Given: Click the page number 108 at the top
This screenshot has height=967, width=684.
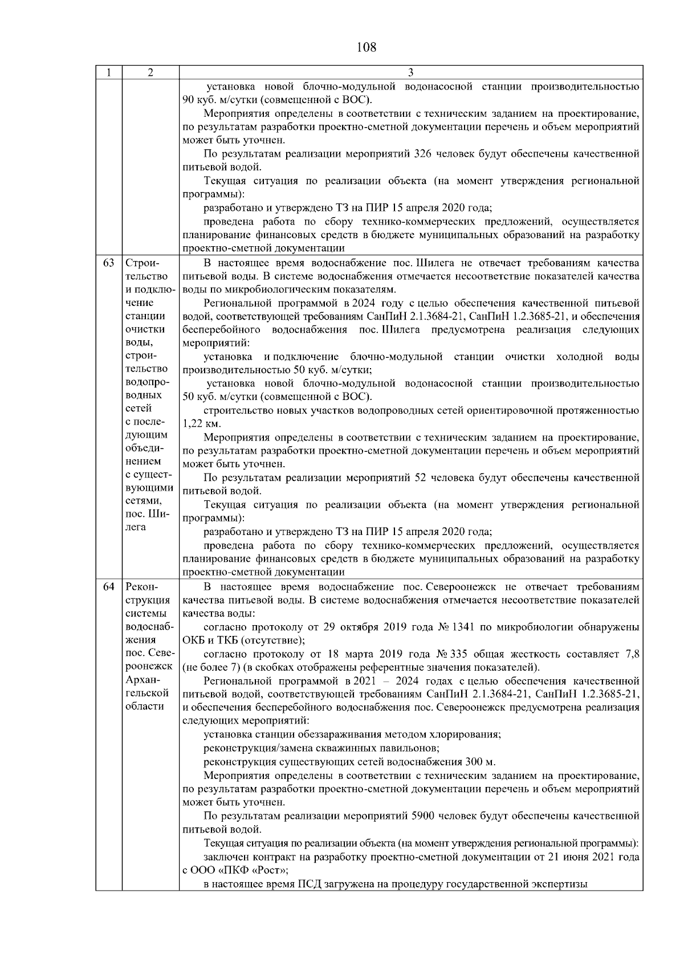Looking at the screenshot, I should pyautogui.click(x=366, y=47).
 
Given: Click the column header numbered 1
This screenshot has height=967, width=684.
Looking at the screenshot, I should pyautogui.click(x=108, y=72).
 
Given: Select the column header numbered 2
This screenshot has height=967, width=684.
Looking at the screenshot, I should pyautogui.click(x=150, y=72).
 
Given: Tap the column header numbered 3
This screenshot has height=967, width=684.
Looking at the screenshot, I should pyautogui.click(x=410, y=72).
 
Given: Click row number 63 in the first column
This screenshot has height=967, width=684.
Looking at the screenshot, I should pyautogui.click(x=108, y=263).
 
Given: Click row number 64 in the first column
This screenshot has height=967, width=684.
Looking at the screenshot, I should pyautogui.click(x=108, y=587).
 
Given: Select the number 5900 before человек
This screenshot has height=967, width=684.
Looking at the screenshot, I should pyautogui.click(x=422, y=815).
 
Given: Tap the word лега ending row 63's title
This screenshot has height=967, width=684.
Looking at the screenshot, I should pyautogui.click(x=136, y=527).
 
